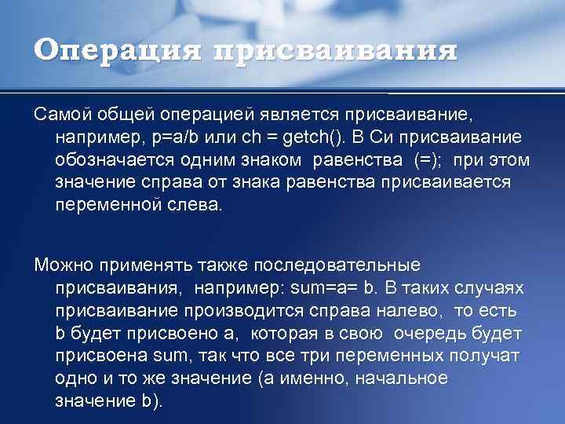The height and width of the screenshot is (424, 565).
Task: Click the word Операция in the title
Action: click(118, 52)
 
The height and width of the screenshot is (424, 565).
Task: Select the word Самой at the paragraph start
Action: click(64, 115)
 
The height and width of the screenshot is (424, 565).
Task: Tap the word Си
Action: click(429, 138)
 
